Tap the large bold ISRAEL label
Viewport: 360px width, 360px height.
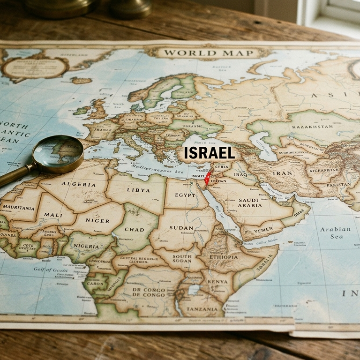[209, 153]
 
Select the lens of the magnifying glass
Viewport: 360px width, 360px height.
[59, 154]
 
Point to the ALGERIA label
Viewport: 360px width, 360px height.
[78, 184]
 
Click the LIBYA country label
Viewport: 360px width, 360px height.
[139, 190]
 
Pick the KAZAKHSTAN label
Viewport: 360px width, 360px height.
[312, 127]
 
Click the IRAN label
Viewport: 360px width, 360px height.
[283, 173]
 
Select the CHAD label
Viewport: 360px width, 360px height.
[135, 229]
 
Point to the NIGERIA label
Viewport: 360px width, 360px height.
[86, 246]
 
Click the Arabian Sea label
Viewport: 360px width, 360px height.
[335, 233]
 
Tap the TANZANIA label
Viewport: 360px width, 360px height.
[202, 309]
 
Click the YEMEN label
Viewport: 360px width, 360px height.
[263, 230]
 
